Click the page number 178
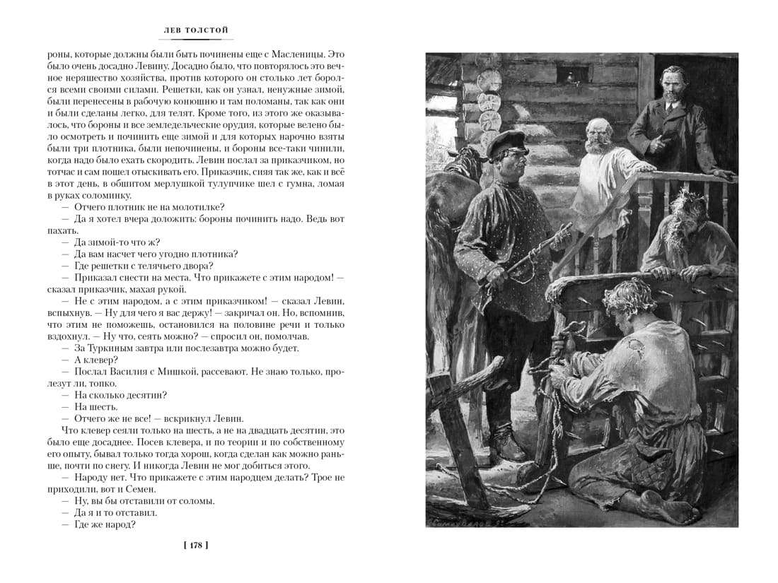[x=196, y=545]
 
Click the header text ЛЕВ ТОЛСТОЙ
[x=196, y=30]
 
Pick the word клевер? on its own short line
[x=91, y=360]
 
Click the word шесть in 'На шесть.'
[x=101, y=406]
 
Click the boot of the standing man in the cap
[x=508, y=446]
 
